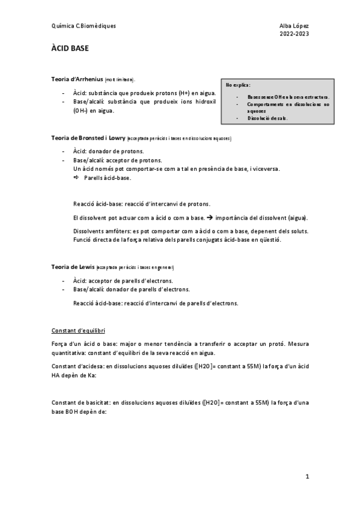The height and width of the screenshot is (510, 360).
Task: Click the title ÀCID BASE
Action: coord(70,48)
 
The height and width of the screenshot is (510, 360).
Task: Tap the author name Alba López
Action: coord(294,26)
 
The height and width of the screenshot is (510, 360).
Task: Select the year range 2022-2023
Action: coord(294,34)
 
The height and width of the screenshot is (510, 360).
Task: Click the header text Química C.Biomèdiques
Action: coord(84,26)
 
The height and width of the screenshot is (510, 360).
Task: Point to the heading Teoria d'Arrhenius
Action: coord(78,79)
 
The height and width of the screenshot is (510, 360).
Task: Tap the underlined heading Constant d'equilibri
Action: coord(80,330)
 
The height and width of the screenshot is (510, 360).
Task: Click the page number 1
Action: coord(307,476)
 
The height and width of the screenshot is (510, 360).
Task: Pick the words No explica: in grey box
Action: coord(238,85)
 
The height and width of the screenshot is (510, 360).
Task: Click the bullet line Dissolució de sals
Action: coord(267,118)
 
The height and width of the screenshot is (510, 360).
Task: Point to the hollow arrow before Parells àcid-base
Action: coord(76,179)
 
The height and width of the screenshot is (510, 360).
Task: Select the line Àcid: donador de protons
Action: coord(108,152)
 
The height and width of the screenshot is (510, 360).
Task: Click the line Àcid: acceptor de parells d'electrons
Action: coord(123,281)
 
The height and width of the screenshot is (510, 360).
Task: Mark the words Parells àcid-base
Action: coord(108,179)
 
